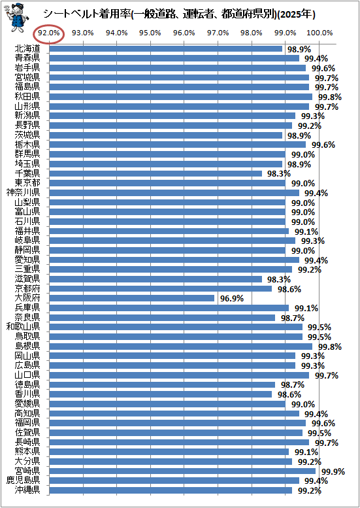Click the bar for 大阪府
pyautogui.click(x=132, y=298)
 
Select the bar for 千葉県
pyautogui.click(x=155, y=174)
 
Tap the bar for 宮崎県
pyautogui.click(x=182, y=471)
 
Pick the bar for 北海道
pyautogui.click(x=166, y=48)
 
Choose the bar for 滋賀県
pyautogui.click(x=155, y=279)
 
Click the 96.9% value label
pyautogui.click(x=232, y=298)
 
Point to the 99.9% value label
pyautogui.click(x=333, y=471)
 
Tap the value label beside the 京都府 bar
pyautogui.click(x=289, y=289)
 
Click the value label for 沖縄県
pyautogui.click(x=310, y=490)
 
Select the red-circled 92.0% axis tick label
pyautogui.click(x=49, y=33)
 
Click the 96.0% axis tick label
pyautogui.click(x=184, y=33)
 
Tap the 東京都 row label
pyautogui.click(x=27, y=183)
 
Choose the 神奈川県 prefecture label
pyautogui.click(x=24, y=193)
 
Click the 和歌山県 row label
pyautogui.click(x=24, y=327)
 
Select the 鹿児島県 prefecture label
pyautogui.click(x=24, y=481)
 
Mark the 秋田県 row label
pyautogui.click(x=27, y=97)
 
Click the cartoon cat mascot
pyautogui.click(x=16, y=17)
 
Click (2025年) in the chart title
pyautogui.click(x=297, y=14)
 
